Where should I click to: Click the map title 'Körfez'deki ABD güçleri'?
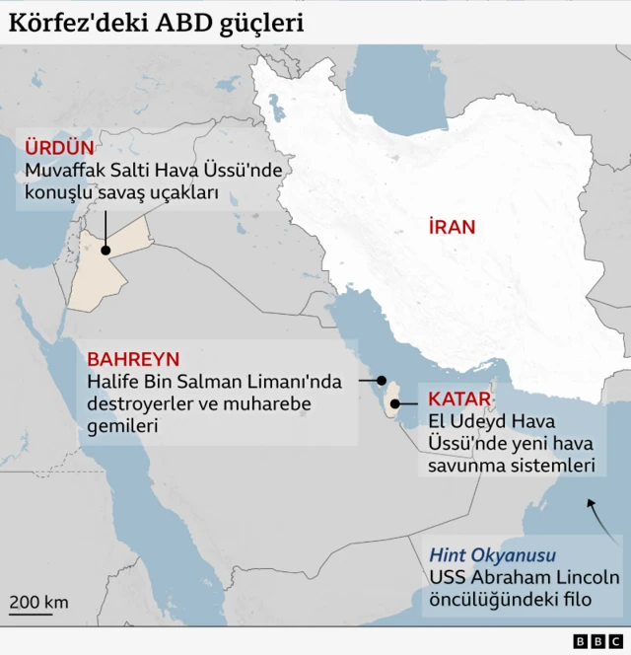tap(156, 22)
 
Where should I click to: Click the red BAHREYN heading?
tap(133, 359)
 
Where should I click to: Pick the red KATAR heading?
tap(458, 400)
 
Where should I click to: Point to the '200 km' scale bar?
tap(39, 605)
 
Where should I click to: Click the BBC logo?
tap(592, 641)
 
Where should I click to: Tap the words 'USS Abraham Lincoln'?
tap(524, 578)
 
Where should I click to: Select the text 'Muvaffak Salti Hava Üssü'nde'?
tap(154, 172)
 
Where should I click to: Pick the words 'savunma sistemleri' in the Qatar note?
tap(511, 465)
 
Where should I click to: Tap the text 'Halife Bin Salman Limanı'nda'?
tap(214, 383)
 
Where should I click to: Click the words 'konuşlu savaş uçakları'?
tap(121, 194)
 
